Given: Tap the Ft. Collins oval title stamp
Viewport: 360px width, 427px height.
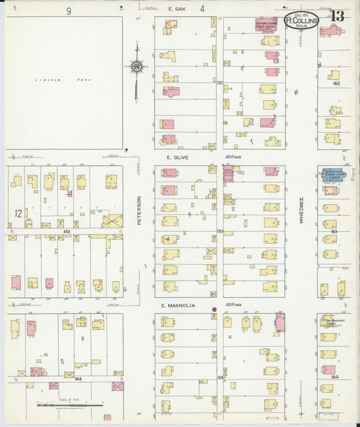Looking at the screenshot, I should (x=297, y=20).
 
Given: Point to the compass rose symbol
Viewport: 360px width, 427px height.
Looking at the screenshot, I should (x=136, y=66).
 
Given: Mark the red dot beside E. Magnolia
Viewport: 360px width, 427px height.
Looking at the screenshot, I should (x=215, y=310).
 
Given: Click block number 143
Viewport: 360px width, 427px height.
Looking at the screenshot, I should (x=67, y=231).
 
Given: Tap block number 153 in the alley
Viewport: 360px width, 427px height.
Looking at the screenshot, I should (x=220, y=231).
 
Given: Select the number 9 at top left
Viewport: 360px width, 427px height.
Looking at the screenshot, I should (x=68, y=11).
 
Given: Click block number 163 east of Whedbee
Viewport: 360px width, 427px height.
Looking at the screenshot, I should (x=334, y=231).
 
